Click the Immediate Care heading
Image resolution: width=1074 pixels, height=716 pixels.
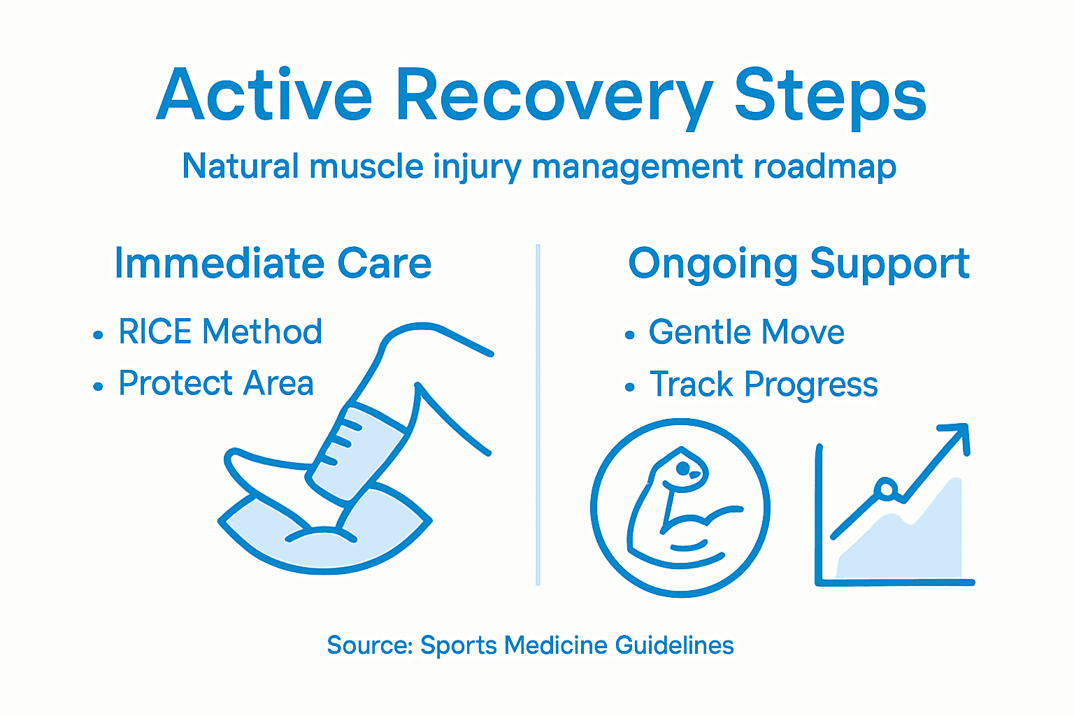point(273,264)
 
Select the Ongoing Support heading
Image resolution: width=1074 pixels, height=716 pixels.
point(799,264)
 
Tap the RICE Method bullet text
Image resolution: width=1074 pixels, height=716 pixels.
point(220,331)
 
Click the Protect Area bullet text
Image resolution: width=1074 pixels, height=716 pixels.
point(216,383)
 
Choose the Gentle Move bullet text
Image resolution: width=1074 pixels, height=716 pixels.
point(746,331)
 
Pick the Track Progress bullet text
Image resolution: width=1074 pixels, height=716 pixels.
point(764,385)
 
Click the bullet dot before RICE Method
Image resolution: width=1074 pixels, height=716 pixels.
point(98,336)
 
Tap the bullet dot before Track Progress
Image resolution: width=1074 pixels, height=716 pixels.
point(630,387)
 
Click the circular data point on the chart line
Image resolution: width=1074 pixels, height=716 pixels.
point(887,489)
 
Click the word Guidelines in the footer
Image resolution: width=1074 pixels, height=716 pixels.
point(674,645)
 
